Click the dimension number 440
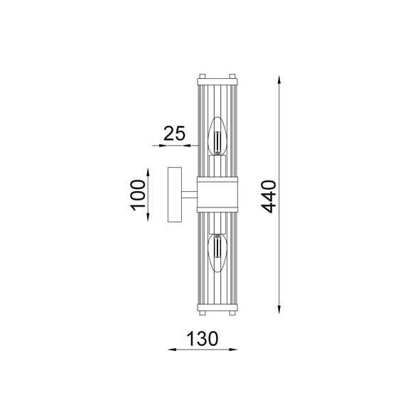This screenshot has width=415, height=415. point(269,197)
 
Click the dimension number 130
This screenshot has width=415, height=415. point(203,338)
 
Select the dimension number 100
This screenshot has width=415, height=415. point(138,195)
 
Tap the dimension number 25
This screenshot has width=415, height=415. point(174,134)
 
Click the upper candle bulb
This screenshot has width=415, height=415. point(217,136)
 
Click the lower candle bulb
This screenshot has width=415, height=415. point(217,254)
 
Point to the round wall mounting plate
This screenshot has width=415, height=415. point(175,195)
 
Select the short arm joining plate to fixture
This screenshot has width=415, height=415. point(190,195)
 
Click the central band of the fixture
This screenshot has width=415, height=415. point(217,195)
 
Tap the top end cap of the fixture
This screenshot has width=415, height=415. point(217,81)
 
